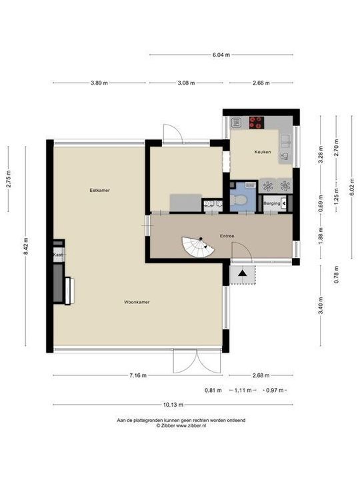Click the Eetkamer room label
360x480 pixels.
pos(99,191)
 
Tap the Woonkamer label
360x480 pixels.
pos(136,302)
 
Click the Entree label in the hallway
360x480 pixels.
pos(228,236)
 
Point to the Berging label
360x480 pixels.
pos(271,203)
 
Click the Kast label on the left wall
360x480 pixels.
pos(58,255)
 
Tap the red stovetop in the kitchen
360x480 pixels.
pos(256,122)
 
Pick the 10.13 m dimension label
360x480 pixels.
pos(172,405)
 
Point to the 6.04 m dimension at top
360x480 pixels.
pos(221,55)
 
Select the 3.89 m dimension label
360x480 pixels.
pos(99,83)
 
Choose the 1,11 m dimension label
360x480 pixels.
pos(241,390)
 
